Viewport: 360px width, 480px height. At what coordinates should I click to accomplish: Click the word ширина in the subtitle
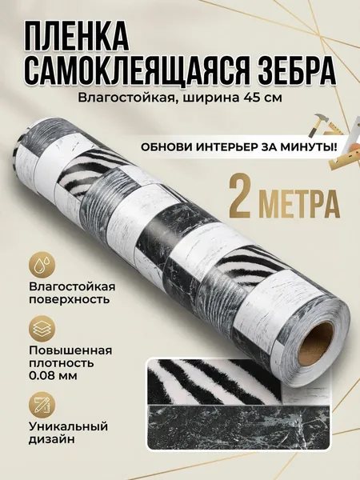[x=211, y=98]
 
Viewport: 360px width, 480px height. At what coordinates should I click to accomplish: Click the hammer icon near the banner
[x=316, y=125]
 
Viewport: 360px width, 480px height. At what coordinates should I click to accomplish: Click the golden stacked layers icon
[x=42, y=330]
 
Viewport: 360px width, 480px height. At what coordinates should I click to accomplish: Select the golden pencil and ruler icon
[x=42, y=406]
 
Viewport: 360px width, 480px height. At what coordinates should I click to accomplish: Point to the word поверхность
[x=69, y=299]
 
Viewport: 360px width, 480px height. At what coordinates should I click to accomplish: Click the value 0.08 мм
[x=53, y=376]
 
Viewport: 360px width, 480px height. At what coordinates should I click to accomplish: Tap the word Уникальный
[x=68, y=426]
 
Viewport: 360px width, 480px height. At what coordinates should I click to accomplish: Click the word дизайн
[x=52, y=439]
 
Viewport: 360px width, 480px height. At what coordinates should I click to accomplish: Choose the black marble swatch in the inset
[x=238, y=427]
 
